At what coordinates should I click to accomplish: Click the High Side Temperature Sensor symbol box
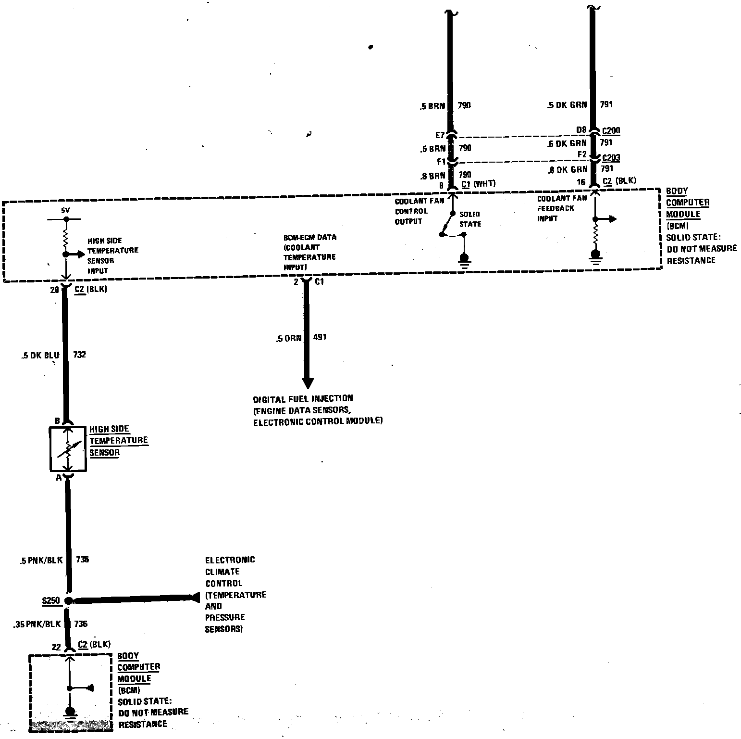[68, 449]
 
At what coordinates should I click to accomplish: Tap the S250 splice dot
[68, 600]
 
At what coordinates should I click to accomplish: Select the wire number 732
[79, 355]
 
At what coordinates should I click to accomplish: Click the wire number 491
[320, 337]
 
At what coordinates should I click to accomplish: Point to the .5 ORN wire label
[288, 339]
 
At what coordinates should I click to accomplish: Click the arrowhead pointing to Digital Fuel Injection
[308, 383]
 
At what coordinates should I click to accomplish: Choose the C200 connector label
[611, 130]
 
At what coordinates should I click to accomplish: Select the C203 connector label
[611, 157]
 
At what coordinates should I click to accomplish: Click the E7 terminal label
[440, 135]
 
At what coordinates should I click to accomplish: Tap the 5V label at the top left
[65, 211]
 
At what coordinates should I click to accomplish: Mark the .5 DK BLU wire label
[40, 356]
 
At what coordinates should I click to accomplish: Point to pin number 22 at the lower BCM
[56, 647]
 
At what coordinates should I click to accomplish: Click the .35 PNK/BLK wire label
[38, 624]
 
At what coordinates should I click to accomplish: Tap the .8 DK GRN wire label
[568, 169]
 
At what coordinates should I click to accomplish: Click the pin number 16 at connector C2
[581, 182]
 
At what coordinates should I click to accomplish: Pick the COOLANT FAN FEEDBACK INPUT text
[561, 208]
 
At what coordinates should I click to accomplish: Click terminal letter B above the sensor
[57, 421]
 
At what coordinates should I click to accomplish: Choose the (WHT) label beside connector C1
[484, 184]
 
